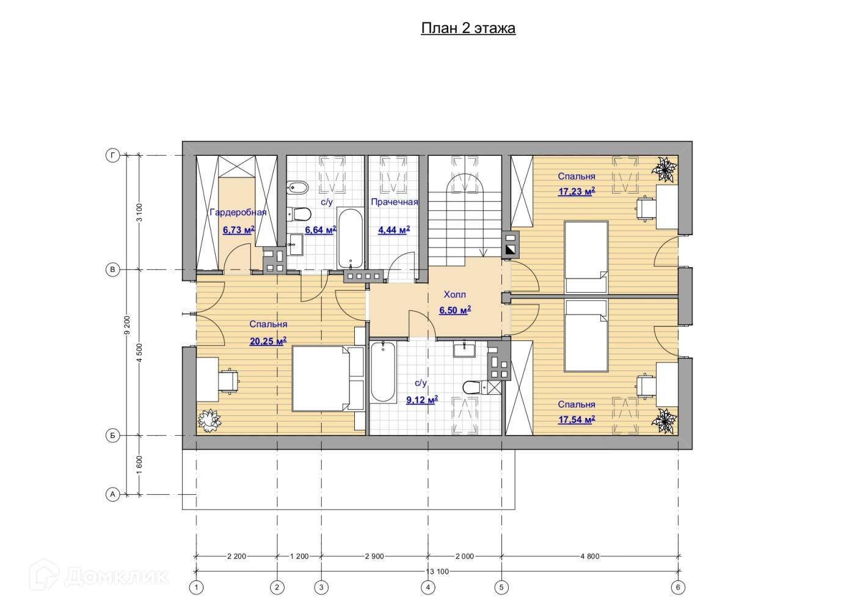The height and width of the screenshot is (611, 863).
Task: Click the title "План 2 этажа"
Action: tap(468, 29)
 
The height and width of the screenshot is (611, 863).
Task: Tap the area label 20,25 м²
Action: tap(268, 341)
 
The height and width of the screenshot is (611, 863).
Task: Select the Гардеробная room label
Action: tap(238, 213)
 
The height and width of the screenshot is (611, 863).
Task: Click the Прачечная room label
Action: tap(394, 202)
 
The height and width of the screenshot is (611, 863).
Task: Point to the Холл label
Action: tap(454, 295)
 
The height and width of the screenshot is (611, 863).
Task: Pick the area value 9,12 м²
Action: tap(422, 400)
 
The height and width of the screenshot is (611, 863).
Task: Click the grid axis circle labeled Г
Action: tap(112, 155)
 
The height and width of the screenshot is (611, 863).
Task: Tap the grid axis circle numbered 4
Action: tap(428, 588)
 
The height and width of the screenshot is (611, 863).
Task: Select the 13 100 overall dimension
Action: tap(437, 571)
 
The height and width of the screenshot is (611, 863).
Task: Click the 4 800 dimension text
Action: tap(590, 556)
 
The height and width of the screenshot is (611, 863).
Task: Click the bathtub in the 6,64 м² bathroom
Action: tap(350, 238)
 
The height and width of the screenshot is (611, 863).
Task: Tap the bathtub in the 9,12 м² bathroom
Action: tap(383, 371)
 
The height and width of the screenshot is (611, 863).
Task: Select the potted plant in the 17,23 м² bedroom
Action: tap(665, 169)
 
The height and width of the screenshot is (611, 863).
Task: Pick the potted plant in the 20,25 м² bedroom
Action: tap(209, 420)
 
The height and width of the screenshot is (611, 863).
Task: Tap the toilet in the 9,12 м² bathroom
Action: tap(476, 387)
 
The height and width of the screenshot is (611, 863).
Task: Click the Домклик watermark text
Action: tap(117, 577)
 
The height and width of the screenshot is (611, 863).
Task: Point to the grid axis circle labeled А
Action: tap(112, 494)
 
